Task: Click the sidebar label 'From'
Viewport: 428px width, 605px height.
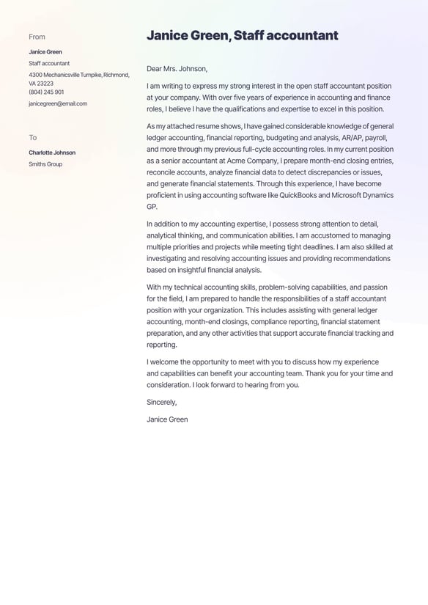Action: click(x=37, y=37)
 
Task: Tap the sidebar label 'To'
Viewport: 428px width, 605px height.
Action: click(x=32, y=138)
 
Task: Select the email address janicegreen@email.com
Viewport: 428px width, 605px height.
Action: click(x=58, y=104)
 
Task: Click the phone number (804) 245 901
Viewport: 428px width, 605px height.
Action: click(x=46, y=92)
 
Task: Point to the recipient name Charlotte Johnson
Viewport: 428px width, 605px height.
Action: click(x=52, y=153)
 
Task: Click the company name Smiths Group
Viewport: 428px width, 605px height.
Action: click(x=45, y=164)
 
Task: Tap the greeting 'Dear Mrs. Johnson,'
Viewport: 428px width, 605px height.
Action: click(x=177, y=69)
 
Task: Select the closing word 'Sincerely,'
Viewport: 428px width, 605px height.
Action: click(x=161, y=402)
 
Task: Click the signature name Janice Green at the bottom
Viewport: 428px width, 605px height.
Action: click(x=167, y=419)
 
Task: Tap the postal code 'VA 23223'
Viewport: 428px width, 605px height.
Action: click(x=41, y=84)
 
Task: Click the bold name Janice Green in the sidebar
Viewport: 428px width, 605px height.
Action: click(x=45, y=52)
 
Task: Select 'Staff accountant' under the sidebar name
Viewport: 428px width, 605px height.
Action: click(x=49, y=64)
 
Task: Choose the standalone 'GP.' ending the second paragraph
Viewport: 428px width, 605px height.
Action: click(x=152, y=207)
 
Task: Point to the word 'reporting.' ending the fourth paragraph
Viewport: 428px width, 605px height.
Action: click(x=161, y=345)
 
